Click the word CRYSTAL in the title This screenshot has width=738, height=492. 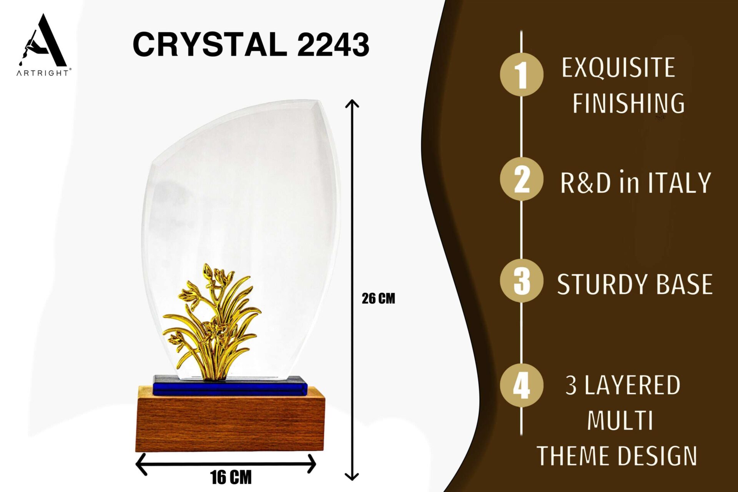(210, 44)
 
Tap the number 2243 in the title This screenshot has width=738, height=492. (333, 45)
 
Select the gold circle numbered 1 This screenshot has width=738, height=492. (522, 75)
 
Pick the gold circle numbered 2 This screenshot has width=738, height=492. (522, 179)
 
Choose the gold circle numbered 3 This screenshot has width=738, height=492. (522, 281)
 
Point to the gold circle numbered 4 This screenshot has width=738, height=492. (522, 385)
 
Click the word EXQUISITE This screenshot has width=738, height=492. (618, 68)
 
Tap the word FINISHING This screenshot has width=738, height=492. (628, 103)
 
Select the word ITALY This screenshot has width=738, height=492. (680, 183)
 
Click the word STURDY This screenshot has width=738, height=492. (602, 284)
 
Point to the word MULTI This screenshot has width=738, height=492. (620, 421)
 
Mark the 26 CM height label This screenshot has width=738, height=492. (378, 299)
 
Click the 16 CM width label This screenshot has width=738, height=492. (231, 477)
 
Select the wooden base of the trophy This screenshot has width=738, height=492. (230, 420)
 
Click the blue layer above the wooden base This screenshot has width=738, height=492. (230, 386)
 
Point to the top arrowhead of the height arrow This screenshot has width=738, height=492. (352, 103)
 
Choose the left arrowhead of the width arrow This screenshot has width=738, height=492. (141, 464)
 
